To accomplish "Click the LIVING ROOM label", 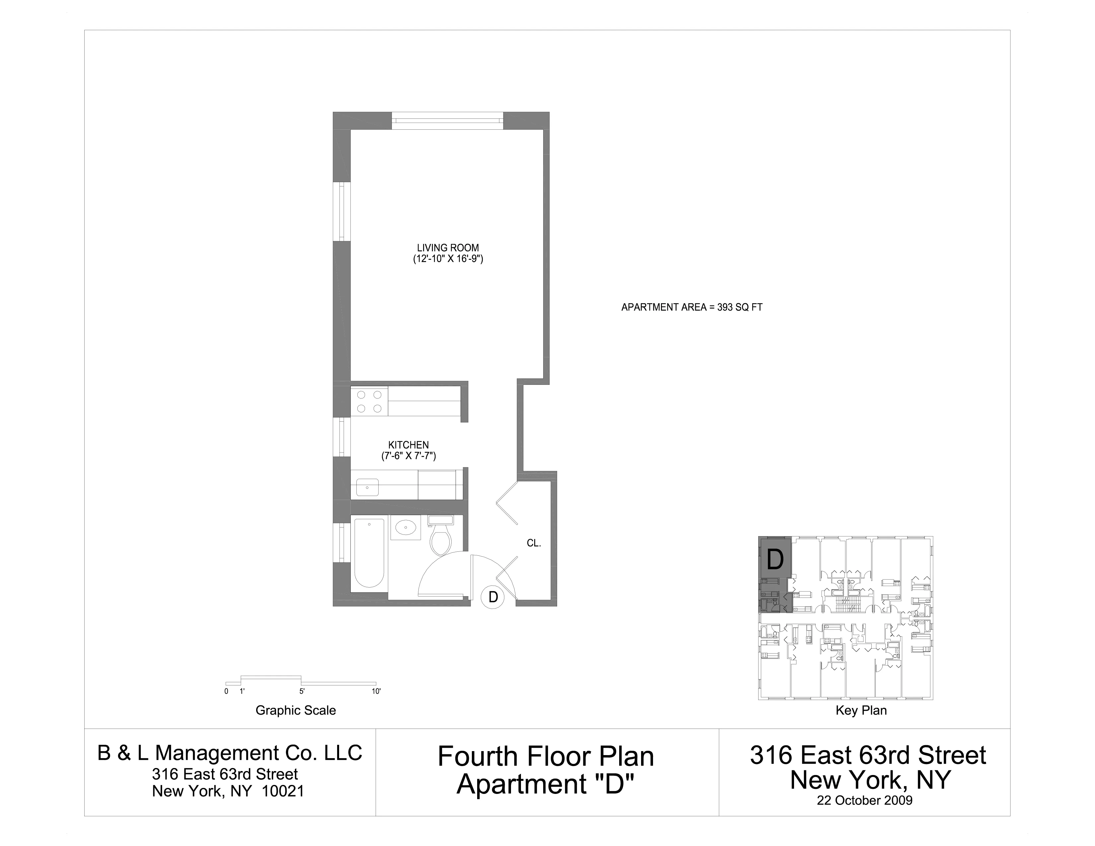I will click(448, 247).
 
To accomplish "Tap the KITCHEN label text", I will click(408, 445).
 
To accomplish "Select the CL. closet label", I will click(534, 543).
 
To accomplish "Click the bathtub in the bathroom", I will click(369, 552).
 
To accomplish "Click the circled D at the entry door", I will click(493, 597).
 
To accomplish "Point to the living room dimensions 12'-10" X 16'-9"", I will click(448, 259).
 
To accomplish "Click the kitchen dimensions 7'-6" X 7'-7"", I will click(408, 456).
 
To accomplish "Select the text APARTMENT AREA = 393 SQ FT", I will click(692, 307).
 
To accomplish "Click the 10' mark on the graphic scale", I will click(376, 691).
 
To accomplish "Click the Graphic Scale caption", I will click(295, 710).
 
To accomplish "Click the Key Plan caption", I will click(861, 710).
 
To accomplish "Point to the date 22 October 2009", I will click(864, 801).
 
